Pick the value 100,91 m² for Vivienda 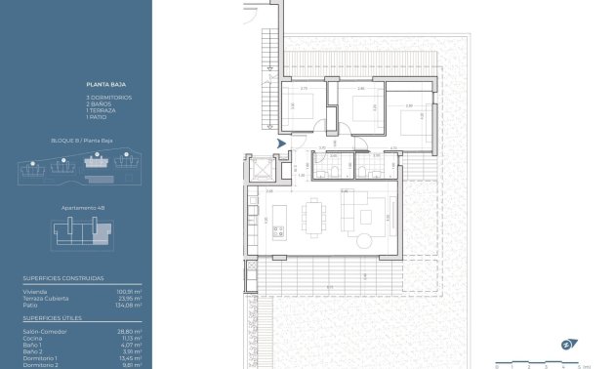tap(130, 291)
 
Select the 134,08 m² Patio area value tap(129, 305)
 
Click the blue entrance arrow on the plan tap(282, 143)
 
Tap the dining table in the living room tap(314, 217)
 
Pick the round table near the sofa tap(365, 240)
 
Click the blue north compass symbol tap(565, 344)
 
